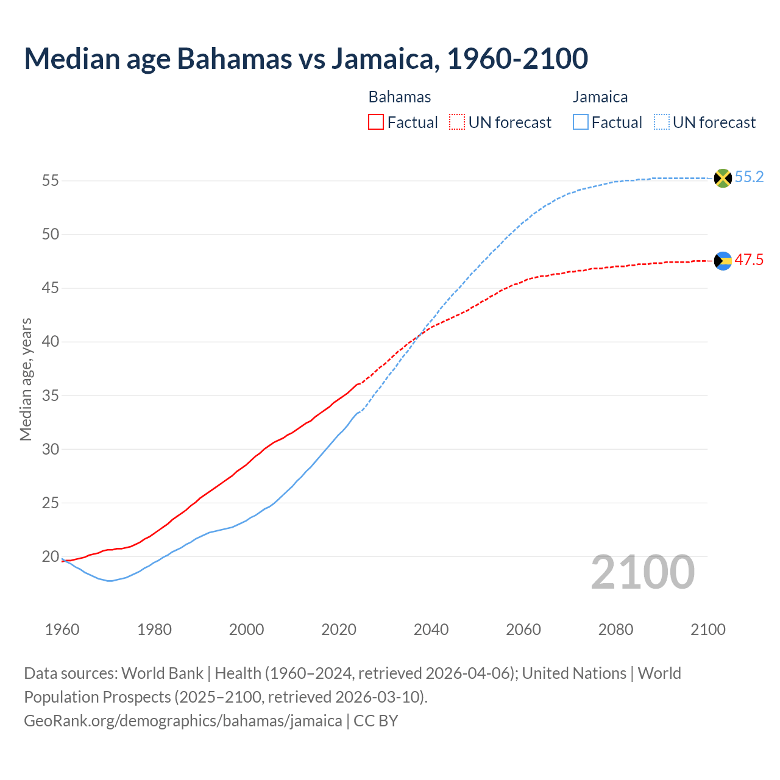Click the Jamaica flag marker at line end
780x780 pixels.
point(722,178)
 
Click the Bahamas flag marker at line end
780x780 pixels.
point(722,261)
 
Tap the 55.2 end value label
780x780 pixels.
point(749,177)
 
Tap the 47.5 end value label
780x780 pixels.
point(749,260)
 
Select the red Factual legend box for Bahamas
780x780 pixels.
point(376,122)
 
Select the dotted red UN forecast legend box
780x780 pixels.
point(457,122)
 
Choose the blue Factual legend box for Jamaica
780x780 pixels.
point(581,122)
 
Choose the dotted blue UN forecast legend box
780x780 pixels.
point(661,122)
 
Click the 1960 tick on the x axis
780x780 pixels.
point(62,629)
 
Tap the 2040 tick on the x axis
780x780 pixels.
point(431,629)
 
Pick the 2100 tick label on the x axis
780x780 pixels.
point(707,629)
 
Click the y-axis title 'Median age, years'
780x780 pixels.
point(26,379)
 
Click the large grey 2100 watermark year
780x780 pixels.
point(642,572)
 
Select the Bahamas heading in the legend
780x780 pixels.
point(400,97)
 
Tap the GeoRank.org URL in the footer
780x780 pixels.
point(183,721)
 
